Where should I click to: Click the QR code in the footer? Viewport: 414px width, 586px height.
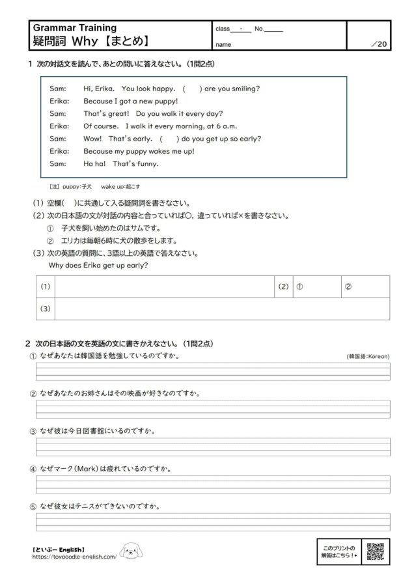376,551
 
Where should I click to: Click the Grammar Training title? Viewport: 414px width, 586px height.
74,28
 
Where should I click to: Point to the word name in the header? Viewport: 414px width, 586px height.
223,45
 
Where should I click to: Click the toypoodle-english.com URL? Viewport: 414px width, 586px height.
74,557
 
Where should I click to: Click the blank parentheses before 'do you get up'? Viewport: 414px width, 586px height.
169,138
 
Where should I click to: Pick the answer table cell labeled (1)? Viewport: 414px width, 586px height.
46,286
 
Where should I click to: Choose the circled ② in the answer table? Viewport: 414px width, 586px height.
348,286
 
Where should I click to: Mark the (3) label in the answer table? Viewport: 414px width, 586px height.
46,308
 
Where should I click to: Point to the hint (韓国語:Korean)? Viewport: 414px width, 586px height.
368,357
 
